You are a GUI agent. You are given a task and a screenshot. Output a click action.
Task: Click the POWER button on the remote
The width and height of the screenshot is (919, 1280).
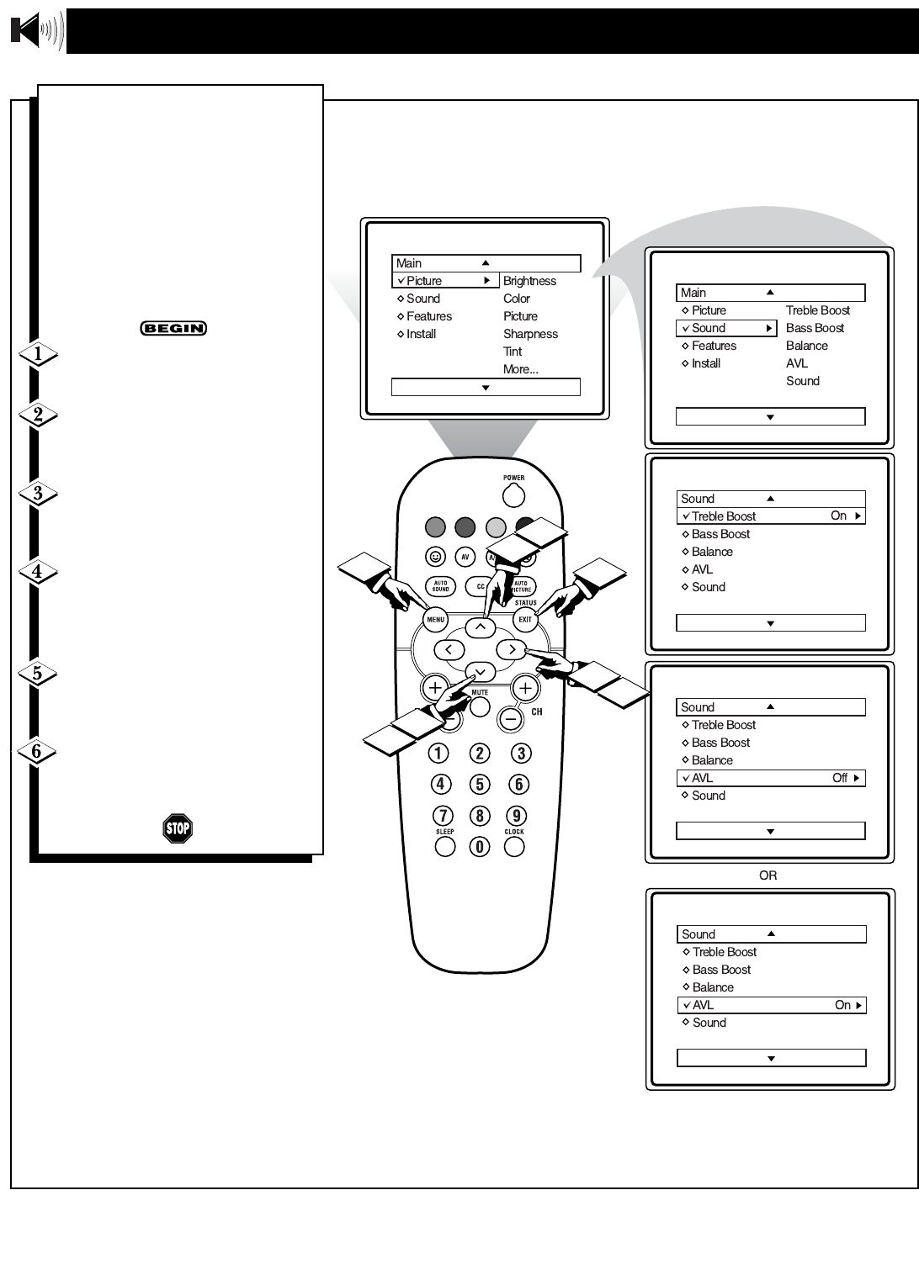513,496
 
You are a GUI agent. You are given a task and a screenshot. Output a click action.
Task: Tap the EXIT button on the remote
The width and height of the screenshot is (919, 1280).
525,620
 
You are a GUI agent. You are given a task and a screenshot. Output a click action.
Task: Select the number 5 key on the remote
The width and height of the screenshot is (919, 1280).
480,785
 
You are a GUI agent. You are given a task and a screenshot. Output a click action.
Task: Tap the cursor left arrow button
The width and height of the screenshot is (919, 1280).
449,649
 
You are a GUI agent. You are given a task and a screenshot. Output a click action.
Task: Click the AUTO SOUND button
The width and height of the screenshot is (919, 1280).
440,586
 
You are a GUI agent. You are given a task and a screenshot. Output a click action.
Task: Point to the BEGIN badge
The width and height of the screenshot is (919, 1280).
173,328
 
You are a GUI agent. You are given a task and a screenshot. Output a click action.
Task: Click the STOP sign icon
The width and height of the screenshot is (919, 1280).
178,828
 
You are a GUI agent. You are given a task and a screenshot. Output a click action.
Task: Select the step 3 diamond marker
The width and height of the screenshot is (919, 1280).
38,494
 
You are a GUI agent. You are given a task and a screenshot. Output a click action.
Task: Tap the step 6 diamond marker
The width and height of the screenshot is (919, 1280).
37,751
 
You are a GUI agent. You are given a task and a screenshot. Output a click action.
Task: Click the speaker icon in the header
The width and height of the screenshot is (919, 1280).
36,31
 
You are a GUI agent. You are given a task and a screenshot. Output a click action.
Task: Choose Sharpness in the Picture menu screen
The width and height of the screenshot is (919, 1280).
530,334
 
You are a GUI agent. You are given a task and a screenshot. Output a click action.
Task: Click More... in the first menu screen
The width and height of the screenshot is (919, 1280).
520,369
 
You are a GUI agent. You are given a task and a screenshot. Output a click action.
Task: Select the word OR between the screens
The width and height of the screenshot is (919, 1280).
768,875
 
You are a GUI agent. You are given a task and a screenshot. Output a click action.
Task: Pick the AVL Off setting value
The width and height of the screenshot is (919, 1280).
840,778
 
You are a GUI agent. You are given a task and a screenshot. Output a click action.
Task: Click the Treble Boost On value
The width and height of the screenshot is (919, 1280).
839,516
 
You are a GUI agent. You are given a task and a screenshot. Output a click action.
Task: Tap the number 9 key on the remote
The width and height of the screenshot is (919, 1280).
517,816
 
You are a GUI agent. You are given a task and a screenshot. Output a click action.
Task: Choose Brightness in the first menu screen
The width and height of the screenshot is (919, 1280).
529,281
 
